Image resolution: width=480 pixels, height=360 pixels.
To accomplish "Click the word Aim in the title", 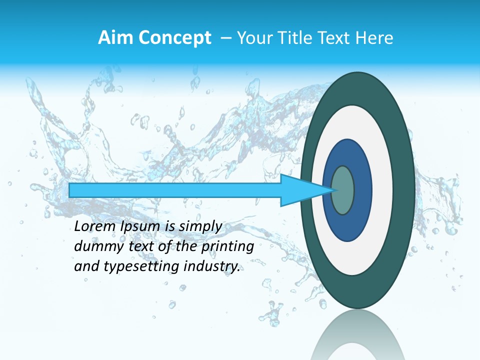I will click(x=113, y=38).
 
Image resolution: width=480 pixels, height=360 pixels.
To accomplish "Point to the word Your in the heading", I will click(x=253, y=38).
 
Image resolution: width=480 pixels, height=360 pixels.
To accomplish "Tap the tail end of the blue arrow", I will click(x=70, y=190).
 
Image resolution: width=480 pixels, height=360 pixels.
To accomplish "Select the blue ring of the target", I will click(x=362, y=190).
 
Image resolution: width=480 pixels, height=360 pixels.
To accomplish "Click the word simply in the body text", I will click(x=199, y=227).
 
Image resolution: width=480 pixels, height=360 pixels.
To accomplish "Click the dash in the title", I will click(x=226, y=38).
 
